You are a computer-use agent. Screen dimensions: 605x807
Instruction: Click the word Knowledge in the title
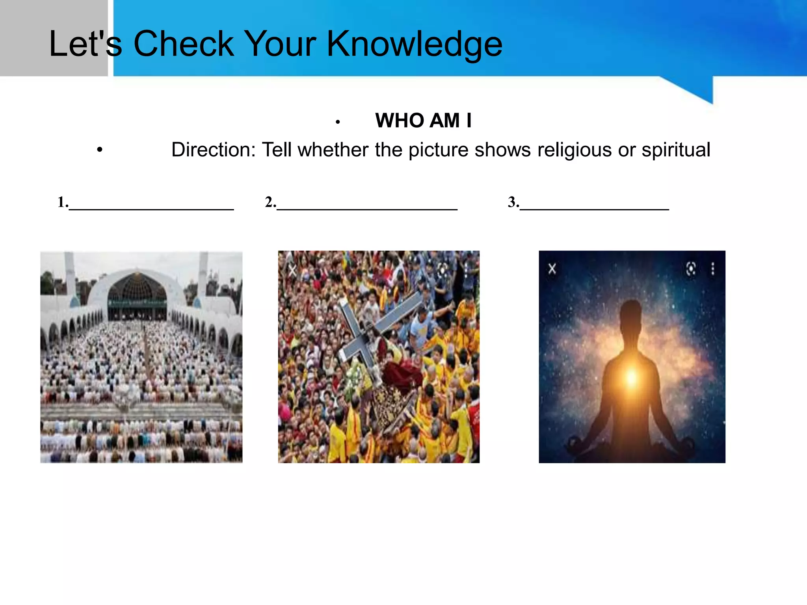tap(415, 44)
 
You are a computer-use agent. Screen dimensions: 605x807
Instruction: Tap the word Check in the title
tap(184, 44)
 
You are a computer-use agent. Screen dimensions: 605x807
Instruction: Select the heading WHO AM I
tap(423, 121)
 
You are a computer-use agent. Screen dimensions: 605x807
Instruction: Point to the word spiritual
tap(676, 150)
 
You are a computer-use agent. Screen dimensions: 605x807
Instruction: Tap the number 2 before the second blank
tap(270, 202)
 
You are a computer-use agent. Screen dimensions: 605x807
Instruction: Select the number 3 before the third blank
tap(513, 202)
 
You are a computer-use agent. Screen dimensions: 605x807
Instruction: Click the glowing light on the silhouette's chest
tap(632, 377)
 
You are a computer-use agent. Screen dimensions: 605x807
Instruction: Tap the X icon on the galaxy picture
tap(552, 269)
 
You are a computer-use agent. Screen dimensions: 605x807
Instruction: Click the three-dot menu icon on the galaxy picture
tap(712, 269)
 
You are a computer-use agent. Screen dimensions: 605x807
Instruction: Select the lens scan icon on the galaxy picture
tap(691, 269)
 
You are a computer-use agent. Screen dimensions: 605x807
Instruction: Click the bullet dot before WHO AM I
tap(338, 122)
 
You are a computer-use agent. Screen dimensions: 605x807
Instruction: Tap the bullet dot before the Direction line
tap(100, 150)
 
